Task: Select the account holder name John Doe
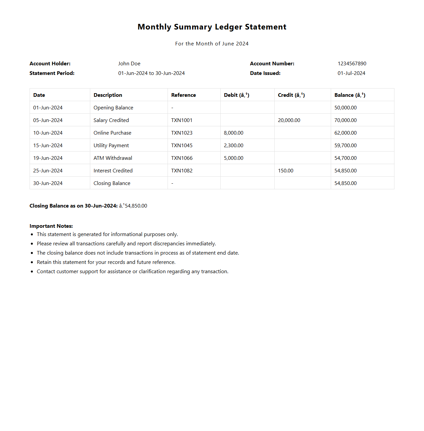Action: (129, 64)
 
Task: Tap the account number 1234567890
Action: (352, 64)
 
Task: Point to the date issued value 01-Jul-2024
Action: (351, 73)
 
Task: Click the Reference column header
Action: (183, 95)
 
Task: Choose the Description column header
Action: (108, 95)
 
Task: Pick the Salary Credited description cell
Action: (111, 120)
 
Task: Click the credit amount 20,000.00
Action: (289, 120)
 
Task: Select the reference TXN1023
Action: (182, 133)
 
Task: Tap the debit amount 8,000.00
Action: (234, 133)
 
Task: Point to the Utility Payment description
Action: (111, 146)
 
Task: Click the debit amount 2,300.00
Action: (234, 146)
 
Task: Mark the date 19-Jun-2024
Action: (48, 158)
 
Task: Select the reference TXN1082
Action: (182, 171)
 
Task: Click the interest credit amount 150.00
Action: (286, 171)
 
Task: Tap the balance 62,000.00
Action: (345, 133)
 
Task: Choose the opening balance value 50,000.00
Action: (345, 108)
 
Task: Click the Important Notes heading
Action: (51, 226)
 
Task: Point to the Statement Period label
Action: (52, 73)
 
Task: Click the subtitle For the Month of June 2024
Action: (212, 44)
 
